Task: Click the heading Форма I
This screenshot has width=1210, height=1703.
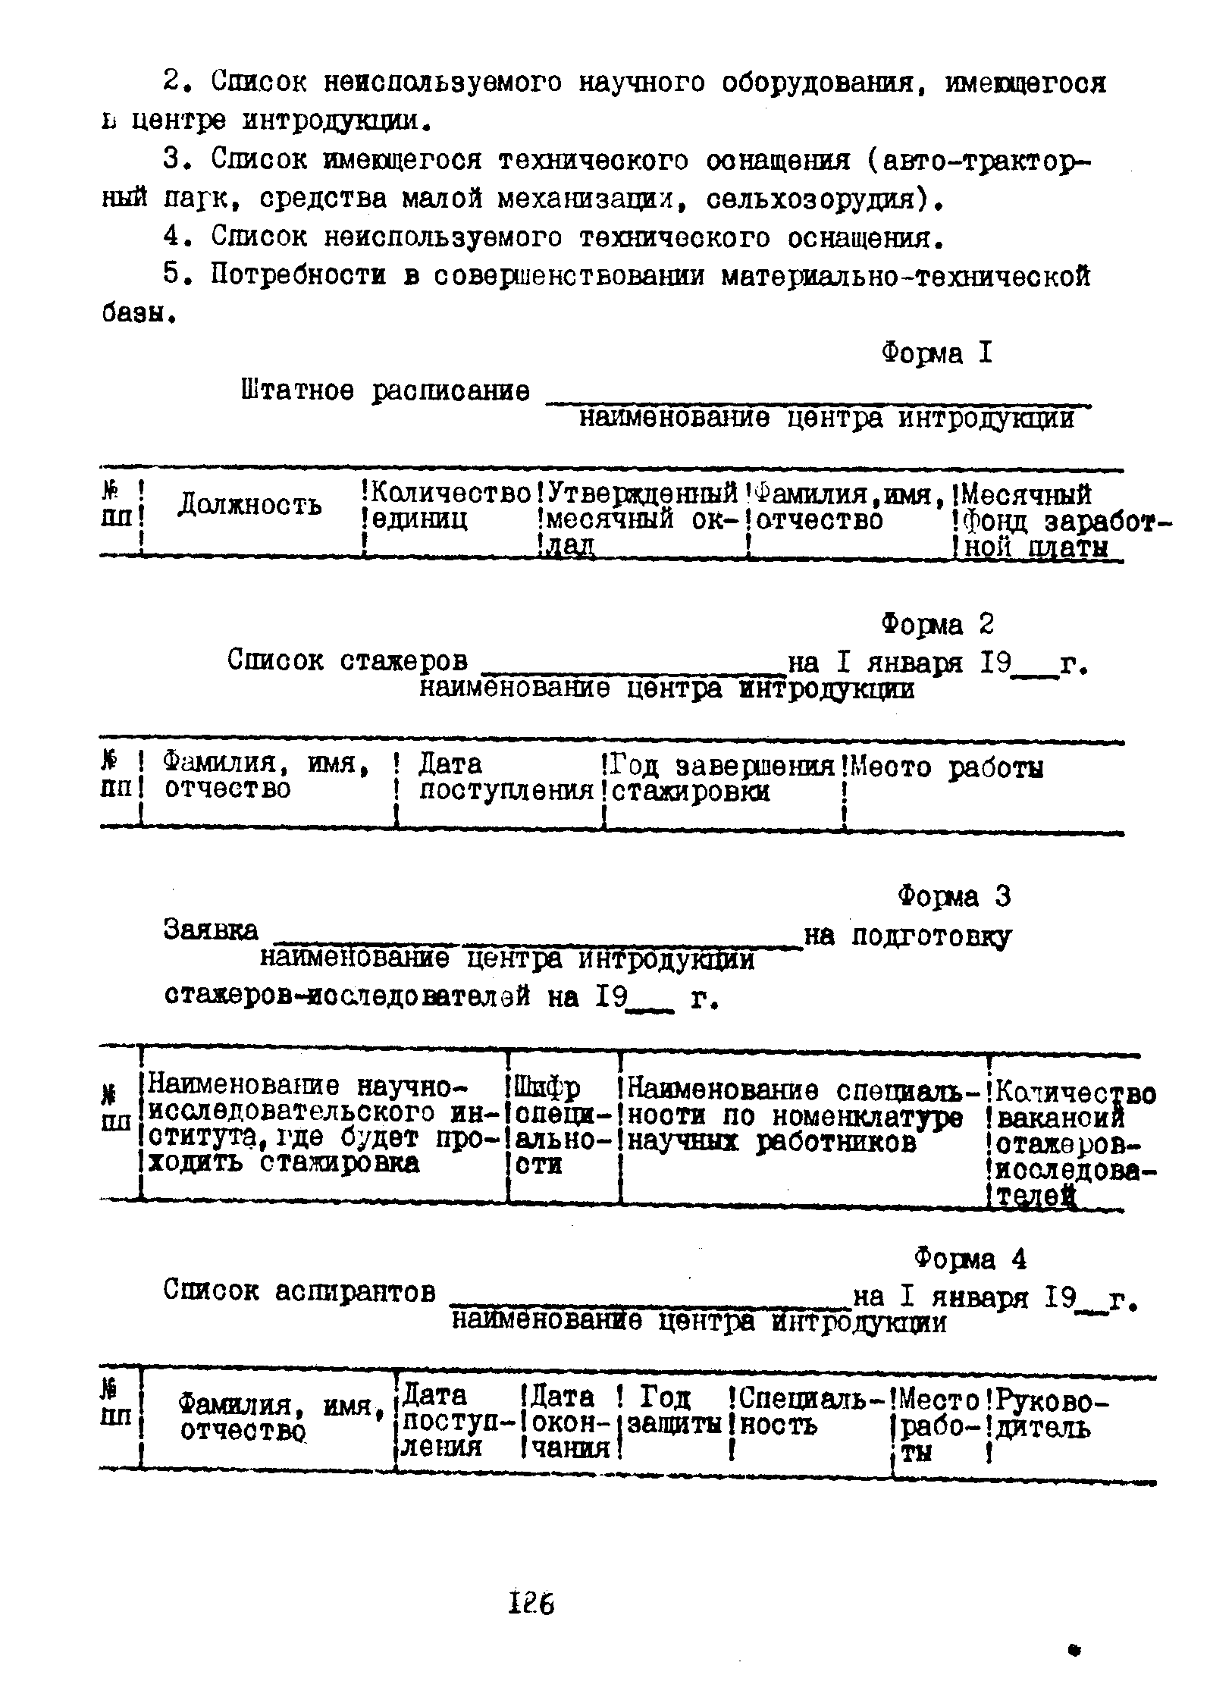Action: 936,353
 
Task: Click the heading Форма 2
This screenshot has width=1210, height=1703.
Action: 936,624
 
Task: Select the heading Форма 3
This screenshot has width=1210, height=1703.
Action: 954,897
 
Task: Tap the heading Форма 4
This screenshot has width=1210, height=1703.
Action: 970,1259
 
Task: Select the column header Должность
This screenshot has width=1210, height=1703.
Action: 249,506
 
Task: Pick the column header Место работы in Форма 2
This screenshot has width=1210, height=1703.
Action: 946,769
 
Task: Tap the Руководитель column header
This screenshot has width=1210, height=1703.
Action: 1050,1415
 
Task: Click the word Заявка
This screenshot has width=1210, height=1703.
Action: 211,930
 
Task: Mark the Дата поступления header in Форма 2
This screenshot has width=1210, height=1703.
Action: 506,779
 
